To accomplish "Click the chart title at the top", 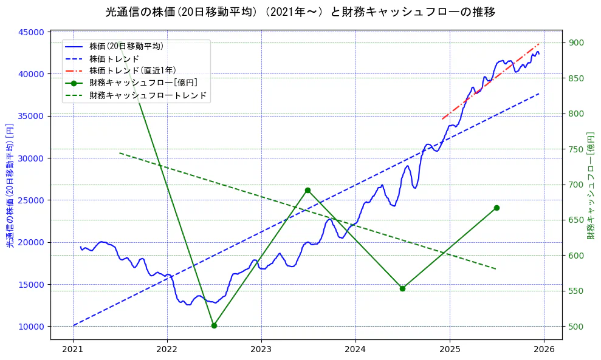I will coord(300,12).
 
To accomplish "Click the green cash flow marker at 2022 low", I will coord(214,325).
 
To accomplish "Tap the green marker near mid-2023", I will coord(307,191).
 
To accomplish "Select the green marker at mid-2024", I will coord(402,288).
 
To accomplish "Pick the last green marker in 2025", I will coord(496,208).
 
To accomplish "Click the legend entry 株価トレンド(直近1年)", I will coord(134,70).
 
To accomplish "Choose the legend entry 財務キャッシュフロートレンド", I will coord(148,95).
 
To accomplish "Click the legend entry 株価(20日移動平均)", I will coord(126,46).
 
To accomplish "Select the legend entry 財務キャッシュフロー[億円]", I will coord(143,83).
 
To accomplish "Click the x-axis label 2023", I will coord(261,350).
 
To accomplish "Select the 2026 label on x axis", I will coord(544,350).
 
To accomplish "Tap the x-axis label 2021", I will coord(73,350).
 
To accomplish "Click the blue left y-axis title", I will coord(10,185).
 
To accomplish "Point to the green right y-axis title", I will coord(590,185).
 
